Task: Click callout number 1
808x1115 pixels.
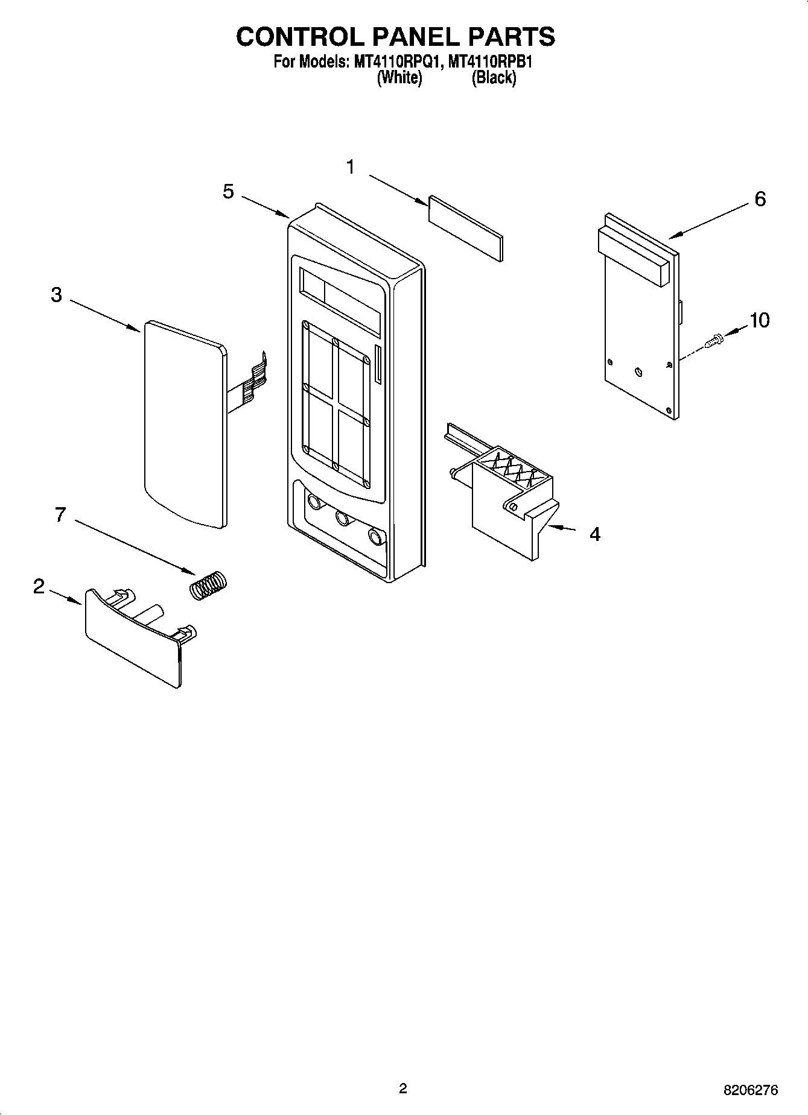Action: click(351, 167)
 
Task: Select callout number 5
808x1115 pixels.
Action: click(228, 192)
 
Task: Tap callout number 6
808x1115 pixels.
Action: click(760, 198)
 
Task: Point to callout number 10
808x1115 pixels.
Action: click(759, 320)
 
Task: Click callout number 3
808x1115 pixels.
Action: click(56, 295)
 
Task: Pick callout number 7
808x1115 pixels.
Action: click(59, 515)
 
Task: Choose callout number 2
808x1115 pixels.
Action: click(39, 586)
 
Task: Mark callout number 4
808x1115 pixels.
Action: click(594, 534)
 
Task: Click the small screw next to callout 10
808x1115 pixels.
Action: click(714, 341)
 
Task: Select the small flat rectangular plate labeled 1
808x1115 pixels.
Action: click(465, 229)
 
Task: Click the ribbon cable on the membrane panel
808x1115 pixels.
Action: click(253, 380)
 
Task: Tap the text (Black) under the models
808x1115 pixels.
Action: click(494, 78)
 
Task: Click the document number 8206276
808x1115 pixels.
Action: click(751, 1090)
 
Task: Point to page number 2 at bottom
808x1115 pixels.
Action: click(403, 1088)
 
